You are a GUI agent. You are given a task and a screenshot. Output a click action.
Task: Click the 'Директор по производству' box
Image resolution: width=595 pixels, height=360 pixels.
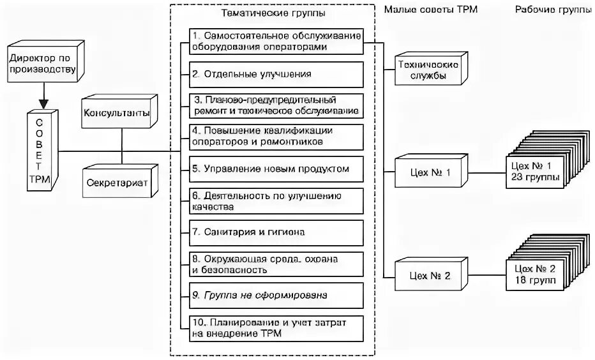point(41,64)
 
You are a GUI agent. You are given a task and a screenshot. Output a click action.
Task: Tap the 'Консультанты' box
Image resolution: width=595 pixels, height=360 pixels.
point(116,113)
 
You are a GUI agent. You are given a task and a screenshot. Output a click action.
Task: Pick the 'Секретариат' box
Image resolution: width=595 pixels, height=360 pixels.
point(117,182)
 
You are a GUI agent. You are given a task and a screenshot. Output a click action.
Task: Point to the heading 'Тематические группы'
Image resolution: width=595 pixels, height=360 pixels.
point(272,12)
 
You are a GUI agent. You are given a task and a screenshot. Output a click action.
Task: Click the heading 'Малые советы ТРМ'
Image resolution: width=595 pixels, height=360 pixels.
point(430,10)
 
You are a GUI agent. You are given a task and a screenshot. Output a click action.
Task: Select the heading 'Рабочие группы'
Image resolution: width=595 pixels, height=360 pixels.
point(553,10)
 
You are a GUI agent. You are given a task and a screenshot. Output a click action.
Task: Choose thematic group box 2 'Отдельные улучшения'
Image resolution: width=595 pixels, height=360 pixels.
point(277,74)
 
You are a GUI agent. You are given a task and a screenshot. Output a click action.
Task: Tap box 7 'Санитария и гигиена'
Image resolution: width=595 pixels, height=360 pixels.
point(277,232)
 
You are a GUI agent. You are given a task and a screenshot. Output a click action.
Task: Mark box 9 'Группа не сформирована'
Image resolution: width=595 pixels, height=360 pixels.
point(277,296)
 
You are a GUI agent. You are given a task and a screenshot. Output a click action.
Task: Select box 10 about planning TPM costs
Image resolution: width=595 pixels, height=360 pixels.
point(277,327)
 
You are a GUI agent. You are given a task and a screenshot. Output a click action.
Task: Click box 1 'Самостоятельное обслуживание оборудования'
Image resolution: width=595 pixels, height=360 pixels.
point(277,42)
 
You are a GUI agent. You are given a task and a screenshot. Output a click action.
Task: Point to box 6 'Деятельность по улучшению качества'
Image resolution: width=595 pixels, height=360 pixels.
point(277,200)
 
